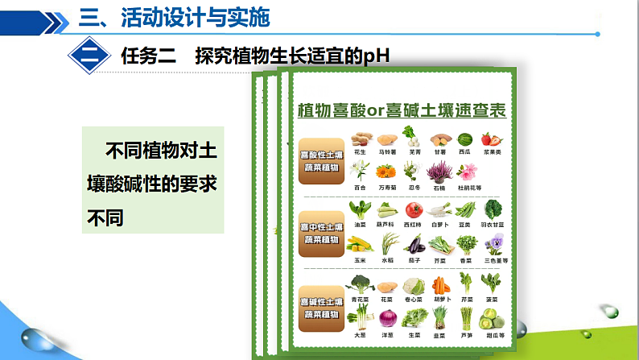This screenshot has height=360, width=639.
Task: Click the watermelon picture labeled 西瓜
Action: tap(464, 139)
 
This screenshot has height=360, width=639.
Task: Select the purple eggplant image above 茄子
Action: tap(414, 246)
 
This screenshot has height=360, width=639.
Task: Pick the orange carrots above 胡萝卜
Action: tap(440, 284)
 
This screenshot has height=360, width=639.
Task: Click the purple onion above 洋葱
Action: tap(388, 321)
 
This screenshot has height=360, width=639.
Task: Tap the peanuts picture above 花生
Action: tap(361, 139)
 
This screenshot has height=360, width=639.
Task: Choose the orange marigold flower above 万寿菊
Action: tap(387, 172)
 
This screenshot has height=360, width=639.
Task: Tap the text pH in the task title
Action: tap(373, 56)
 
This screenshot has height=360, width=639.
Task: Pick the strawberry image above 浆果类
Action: tap(491, 139)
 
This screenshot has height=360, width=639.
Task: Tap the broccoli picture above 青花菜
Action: tap(361, 284)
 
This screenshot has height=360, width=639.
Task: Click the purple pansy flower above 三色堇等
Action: tap(493, 246)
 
